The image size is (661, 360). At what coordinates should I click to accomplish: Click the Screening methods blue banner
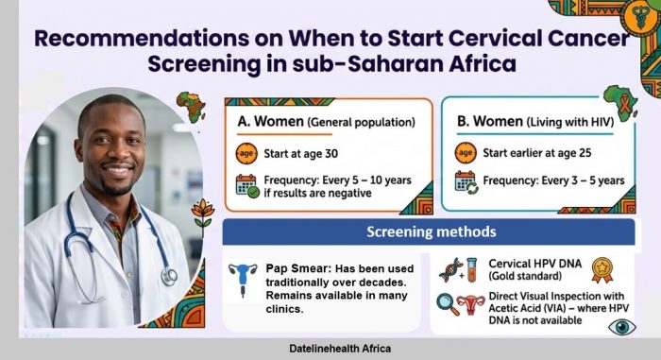tap(429, 231)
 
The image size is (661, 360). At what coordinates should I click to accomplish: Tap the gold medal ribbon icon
tap(602, 270)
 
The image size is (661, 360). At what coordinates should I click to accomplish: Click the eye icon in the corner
tap(622, 327)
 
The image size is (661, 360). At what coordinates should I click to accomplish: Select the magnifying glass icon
tap(448, 304)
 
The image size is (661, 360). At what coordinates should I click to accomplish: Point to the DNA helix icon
tap(450, 270)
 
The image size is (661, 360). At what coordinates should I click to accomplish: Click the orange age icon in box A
tap(246, 153)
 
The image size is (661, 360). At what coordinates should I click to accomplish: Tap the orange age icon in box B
tap(466, 153)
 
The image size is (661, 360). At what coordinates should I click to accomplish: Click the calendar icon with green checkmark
tap(247, 186)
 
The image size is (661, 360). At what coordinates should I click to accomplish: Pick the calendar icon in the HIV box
tap(466, 182)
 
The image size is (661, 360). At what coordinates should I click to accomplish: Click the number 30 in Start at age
tap(331, 154)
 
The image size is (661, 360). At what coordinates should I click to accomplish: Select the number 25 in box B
tap(585, 153)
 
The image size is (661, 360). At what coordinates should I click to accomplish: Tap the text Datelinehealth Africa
tap(340, 349)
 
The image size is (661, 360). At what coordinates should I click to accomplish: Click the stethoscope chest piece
tap(169, 277)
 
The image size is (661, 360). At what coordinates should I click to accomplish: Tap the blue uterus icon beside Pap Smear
tap(243, 279)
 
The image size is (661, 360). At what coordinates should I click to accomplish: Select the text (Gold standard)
tap(525, 276)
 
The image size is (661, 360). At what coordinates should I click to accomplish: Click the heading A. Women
tap(271, 122)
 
